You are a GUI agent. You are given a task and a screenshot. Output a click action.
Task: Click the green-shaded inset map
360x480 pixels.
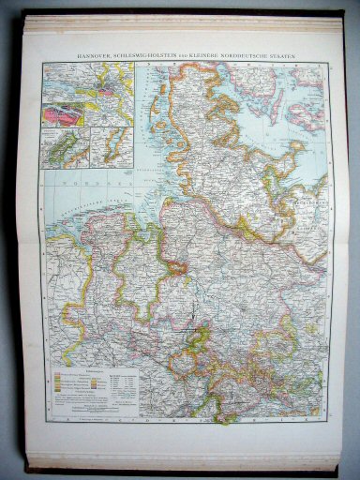click(64, 149)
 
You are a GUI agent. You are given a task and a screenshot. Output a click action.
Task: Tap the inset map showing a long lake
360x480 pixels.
click(112, 147)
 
